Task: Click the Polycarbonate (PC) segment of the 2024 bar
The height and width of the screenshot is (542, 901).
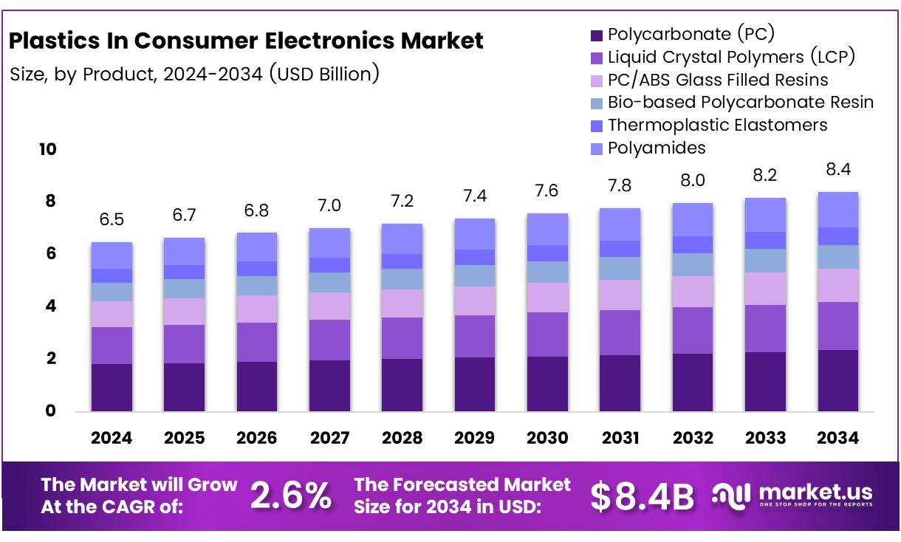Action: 112,387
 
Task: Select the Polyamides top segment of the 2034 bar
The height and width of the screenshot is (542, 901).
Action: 838,210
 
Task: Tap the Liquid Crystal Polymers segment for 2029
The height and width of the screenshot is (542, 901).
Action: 475,336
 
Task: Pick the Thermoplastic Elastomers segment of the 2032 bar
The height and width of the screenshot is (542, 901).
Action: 693,244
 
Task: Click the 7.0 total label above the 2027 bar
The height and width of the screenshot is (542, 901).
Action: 329,206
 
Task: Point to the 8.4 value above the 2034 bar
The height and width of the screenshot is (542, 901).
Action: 838,170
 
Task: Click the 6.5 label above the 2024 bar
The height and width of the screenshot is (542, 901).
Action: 112,220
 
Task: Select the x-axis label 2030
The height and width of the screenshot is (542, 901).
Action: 547,438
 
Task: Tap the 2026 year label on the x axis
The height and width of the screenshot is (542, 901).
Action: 256,438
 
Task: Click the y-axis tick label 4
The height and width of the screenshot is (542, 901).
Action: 50,306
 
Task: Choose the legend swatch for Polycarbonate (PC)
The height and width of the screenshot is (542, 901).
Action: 597,35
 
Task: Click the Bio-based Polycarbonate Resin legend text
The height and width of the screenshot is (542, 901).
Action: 741,102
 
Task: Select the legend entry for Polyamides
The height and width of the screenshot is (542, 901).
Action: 657,148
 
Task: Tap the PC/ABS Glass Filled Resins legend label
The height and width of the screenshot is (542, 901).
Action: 718,79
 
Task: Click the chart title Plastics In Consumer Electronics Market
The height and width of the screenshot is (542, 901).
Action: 246,41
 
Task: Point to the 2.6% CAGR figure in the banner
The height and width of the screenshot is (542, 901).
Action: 291,496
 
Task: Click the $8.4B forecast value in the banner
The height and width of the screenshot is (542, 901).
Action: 643,496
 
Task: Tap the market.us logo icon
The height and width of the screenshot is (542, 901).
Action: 731,495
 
